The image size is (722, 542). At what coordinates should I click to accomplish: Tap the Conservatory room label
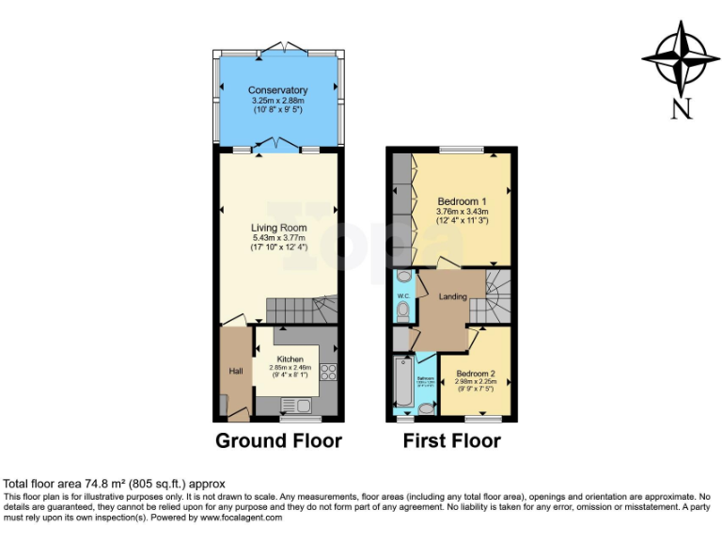click(x=277, y=90)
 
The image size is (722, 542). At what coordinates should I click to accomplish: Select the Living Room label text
click(x=278, y=228)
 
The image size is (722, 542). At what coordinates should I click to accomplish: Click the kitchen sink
click(x=295, y=406)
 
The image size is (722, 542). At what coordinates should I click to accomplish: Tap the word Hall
click(x=236, y=371)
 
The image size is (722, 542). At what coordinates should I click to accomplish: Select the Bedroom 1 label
click(x=462, y=201)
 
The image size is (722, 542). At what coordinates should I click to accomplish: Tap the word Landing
click(x=454, y=296)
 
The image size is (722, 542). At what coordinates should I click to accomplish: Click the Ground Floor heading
click(x=278, y=440)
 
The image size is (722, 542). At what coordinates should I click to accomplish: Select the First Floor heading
click(x=451, y=440)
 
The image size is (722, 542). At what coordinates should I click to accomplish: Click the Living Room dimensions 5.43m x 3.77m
click(x=278, y=238)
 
